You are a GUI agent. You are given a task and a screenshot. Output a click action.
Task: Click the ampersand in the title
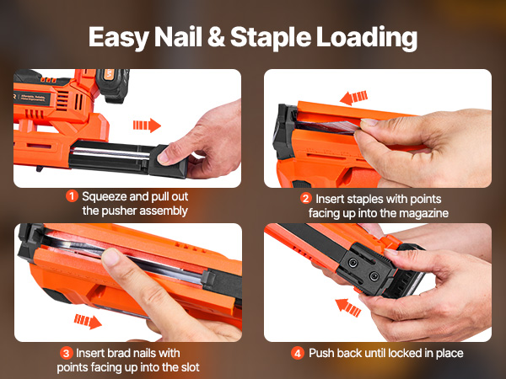216,37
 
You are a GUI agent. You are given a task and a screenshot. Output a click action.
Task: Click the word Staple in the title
271,38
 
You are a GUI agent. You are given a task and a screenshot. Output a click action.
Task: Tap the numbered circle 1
72,196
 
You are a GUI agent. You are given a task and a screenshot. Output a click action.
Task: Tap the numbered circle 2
305,198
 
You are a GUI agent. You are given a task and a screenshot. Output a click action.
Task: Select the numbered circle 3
66,353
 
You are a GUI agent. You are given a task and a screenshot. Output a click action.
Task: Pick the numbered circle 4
297,353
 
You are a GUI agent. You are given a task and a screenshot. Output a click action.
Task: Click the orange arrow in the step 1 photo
147,125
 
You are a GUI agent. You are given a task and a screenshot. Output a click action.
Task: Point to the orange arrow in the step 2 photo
353,98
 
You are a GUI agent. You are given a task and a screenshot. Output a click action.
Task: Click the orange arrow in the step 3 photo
88,322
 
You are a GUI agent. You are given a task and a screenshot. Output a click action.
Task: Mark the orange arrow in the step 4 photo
347,307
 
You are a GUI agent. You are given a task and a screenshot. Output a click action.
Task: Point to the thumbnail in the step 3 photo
110,257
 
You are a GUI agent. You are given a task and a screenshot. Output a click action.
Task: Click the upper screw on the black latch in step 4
353,264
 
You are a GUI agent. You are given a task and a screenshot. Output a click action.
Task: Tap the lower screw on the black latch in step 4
374,276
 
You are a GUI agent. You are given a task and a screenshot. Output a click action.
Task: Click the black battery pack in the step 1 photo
113,85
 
